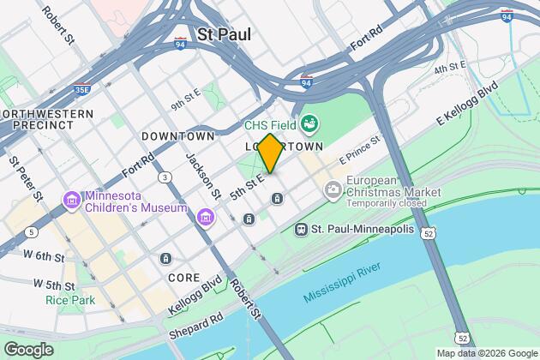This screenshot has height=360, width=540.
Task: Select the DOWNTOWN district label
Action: point(177,136)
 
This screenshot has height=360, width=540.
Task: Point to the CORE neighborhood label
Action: point(184,278)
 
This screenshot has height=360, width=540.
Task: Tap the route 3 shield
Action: point(162,177)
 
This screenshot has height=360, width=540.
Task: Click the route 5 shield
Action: point(32,231)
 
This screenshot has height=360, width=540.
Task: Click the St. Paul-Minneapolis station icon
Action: point(301,230)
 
